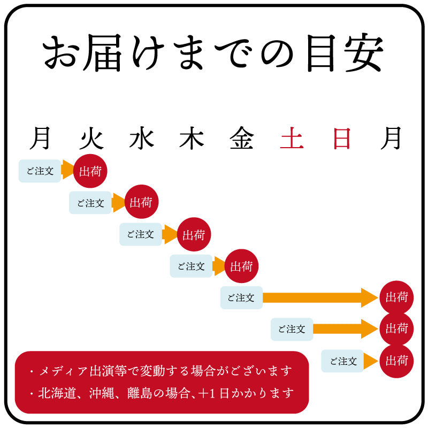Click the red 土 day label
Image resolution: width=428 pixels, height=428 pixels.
[292, 138]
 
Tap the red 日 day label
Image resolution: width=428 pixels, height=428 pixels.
[342, 139]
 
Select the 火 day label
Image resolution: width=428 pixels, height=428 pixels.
[91, 138]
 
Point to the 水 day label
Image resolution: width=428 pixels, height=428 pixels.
[141, 138]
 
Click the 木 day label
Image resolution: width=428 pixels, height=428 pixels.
[192, 138]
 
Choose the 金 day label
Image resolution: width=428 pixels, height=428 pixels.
[242, 138]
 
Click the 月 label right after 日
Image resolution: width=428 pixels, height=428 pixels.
[391, 138]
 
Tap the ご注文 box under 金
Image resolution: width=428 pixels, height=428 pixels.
[242, 297]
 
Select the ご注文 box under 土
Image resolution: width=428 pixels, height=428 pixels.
[292, 329]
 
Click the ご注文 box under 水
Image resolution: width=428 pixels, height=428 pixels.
[141, 234]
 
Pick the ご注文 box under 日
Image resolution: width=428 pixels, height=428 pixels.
[342, 361]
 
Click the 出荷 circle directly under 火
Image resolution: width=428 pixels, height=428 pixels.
[90, 171]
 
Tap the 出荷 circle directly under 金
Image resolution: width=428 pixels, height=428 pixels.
[241, 266]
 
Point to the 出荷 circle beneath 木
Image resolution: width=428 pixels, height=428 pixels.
[194, 234]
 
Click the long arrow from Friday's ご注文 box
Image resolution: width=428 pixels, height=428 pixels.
[320, 297]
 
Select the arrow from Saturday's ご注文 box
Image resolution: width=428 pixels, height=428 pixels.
[346, 329]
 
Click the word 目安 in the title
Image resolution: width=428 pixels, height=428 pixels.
[345, 52]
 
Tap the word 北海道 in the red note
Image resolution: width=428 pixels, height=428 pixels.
[57, 393]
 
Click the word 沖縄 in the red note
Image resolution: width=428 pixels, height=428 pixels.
[102, 393]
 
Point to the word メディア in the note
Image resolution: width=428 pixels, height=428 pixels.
[64, 371]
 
